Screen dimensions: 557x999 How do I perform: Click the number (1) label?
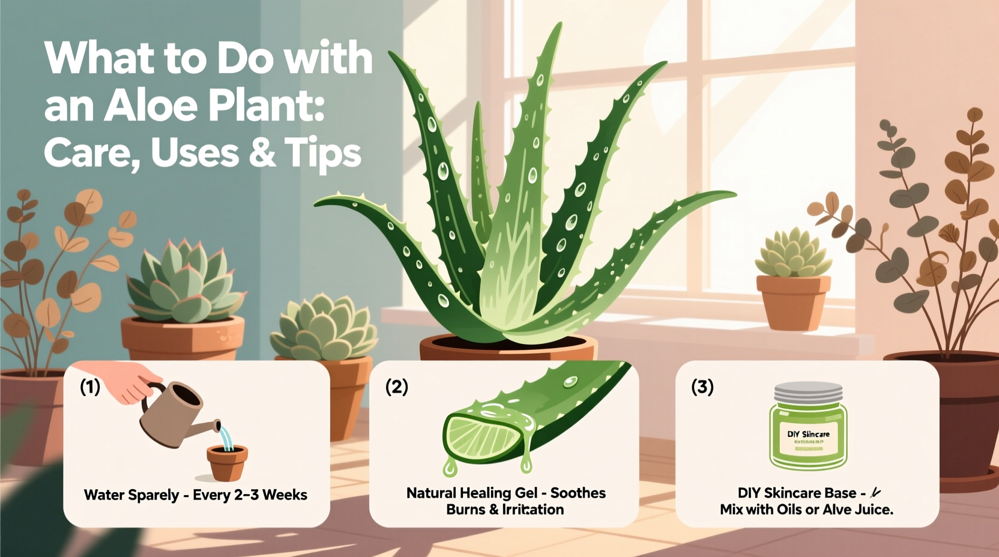click(90, 387)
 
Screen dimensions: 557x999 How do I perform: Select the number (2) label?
click(396, 387)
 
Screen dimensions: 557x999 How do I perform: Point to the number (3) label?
click(702, 387)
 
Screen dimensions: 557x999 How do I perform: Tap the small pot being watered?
click(227, 463)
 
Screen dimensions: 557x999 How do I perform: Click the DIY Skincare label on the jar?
click(808, 434)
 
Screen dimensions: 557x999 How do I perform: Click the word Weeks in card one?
click(285, 495)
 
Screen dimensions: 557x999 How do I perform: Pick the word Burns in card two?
click(465, 510)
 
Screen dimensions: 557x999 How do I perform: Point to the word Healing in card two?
click(487, 493)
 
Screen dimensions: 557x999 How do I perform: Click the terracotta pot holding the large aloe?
click(507, 349)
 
